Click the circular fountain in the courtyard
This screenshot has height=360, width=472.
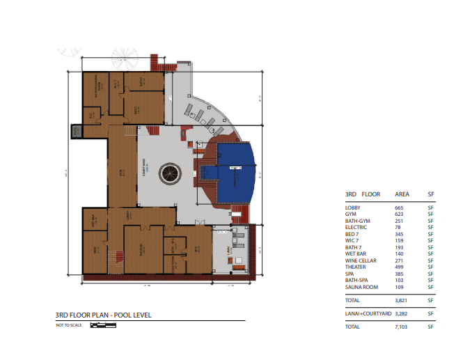tap(169, 173)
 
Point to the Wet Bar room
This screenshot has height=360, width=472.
tap(94, 221)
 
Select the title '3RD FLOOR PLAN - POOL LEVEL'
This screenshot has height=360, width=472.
tap(104, 315)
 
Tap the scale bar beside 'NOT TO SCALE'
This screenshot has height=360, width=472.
tap(102, 325)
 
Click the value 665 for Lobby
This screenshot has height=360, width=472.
tap(399, 208)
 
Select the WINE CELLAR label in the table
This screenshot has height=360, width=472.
tap(361, 260)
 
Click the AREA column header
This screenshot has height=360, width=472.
tap(402, 194)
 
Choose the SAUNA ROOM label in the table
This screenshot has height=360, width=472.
tap(361, 287)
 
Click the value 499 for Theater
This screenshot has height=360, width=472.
tap(399, 267)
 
